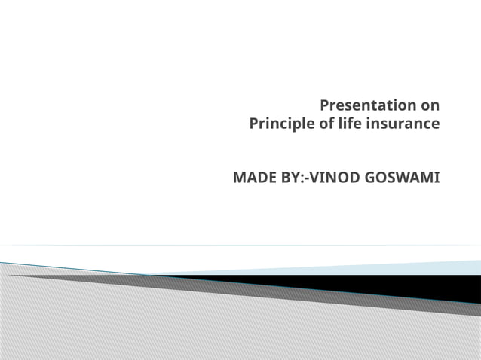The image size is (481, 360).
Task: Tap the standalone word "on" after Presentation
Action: [x=430, y=105]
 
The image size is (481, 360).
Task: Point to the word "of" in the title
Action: [x=326, y=124]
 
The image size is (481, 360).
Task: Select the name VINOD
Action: [x=335, y=178]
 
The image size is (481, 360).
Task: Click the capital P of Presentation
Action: [x=325, y=105]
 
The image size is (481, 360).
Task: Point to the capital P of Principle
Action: [x=253, y=124]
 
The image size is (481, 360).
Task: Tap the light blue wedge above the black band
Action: [x=422, y=267]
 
